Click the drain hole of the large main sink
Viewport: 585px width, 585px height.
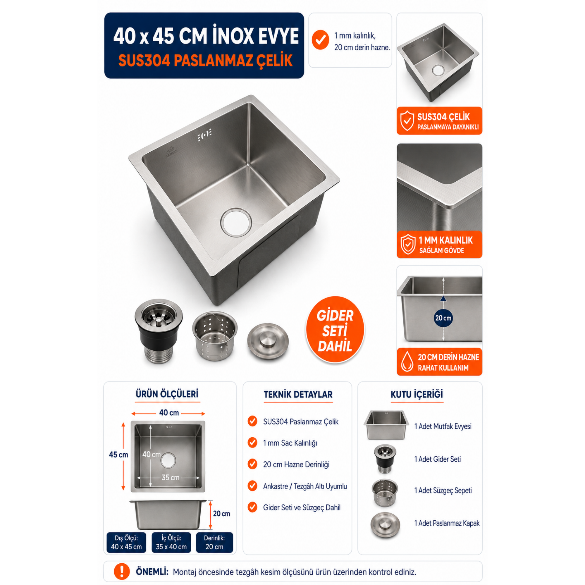click(236, 222)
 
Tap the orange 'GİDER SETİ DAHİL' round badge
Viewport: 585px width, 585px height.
click(335, 330)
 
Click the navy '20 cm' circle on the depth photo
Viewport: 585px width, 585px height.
click(443, 318)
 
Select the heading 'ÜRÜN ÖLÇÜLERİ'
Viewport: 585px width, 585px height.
click(167, 394)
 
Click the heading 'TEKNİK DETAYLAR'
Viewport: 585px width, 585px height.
click(298, 394)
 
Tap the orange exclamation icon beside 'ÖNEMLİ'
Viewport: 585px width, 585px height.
click(122, 571)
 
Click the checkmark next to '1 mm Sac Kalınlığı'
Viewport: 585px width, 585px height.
click(252, 442)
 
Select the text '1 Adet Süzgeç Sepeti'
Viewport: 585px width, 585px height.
click(443, 490)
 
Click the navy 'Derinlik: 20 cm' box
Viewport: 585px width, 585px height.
click(214, 542)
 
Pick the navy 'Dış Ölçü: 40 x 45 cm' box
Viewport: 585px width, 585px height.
click(126, 542)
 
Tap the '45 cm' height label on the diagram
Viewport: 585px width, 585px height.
click(118, 455)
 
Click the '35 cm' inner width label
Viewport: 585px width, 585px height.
click(170, 478)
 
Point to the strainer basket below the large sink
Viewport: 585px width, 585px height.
click(215, 336)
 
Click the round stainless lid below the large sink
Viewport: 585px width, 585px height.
click(268, 341)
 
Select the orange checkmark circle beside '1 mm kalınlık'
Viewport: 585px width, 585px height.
click(320, 40)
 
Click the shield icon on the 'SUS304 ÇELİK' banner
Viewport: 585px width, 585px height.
click(407, 121)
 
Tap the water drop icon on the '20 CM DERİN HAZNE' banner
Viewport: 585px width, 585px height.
click(407, 361)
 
